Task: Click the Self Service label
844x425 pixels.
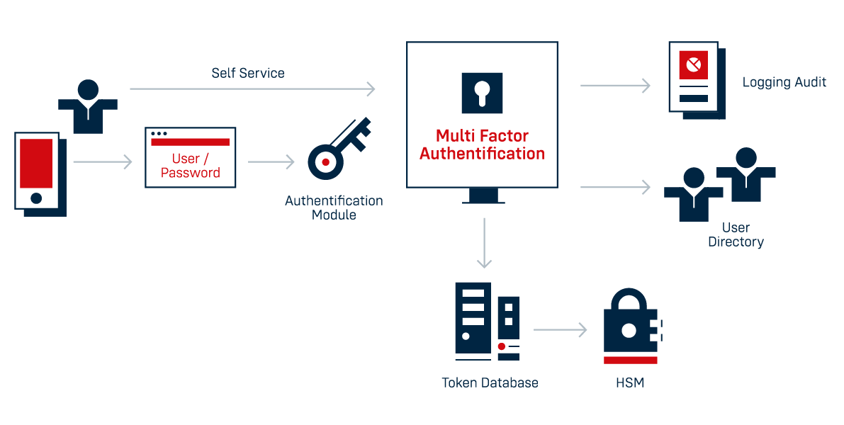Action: pyautogui.click(x=248, y=73)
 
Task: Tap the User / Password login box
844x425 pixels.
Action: pyautogui.click(x=190, y=158)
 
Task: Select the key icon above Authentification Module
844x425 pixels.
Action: pyautogui.click(x=337, y=149)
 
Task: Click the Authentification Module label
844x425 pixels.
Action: pyautogui.click(x=334, y=208)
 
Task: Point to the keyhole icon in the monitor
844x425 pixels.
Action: pyautogui.click(x=482, y=93)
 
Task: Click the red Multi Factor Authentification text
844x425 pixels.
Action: pyautogui.click(x=482, y=144)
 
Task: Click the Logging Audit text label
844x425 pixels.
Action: pyautogui.click(x=784, y=82)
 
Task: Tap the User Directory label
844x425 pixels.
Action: pyautogui.click(x=736, y=234)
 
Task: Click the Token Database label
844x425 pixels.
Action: pyautogui.click(x=490, y=382)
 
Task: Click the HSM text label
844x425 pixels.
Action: pyautogui.click(x=629, y=383)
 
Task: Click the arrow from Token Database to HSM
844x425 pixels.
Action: pyautogui.click(x=560, y=330)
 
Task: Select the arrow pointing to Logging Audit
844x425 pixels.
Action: pyautogui.click(x=614, y=86)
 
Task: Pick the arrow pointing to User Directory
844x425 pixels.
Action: pyautogui.click(x=614, y=187)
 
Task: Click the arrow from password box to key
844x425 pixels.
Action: pyautogui.click(x=271, y=162)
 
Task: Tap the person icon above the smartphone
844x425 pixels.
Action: pyautogui.click(x=88, y=106)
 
